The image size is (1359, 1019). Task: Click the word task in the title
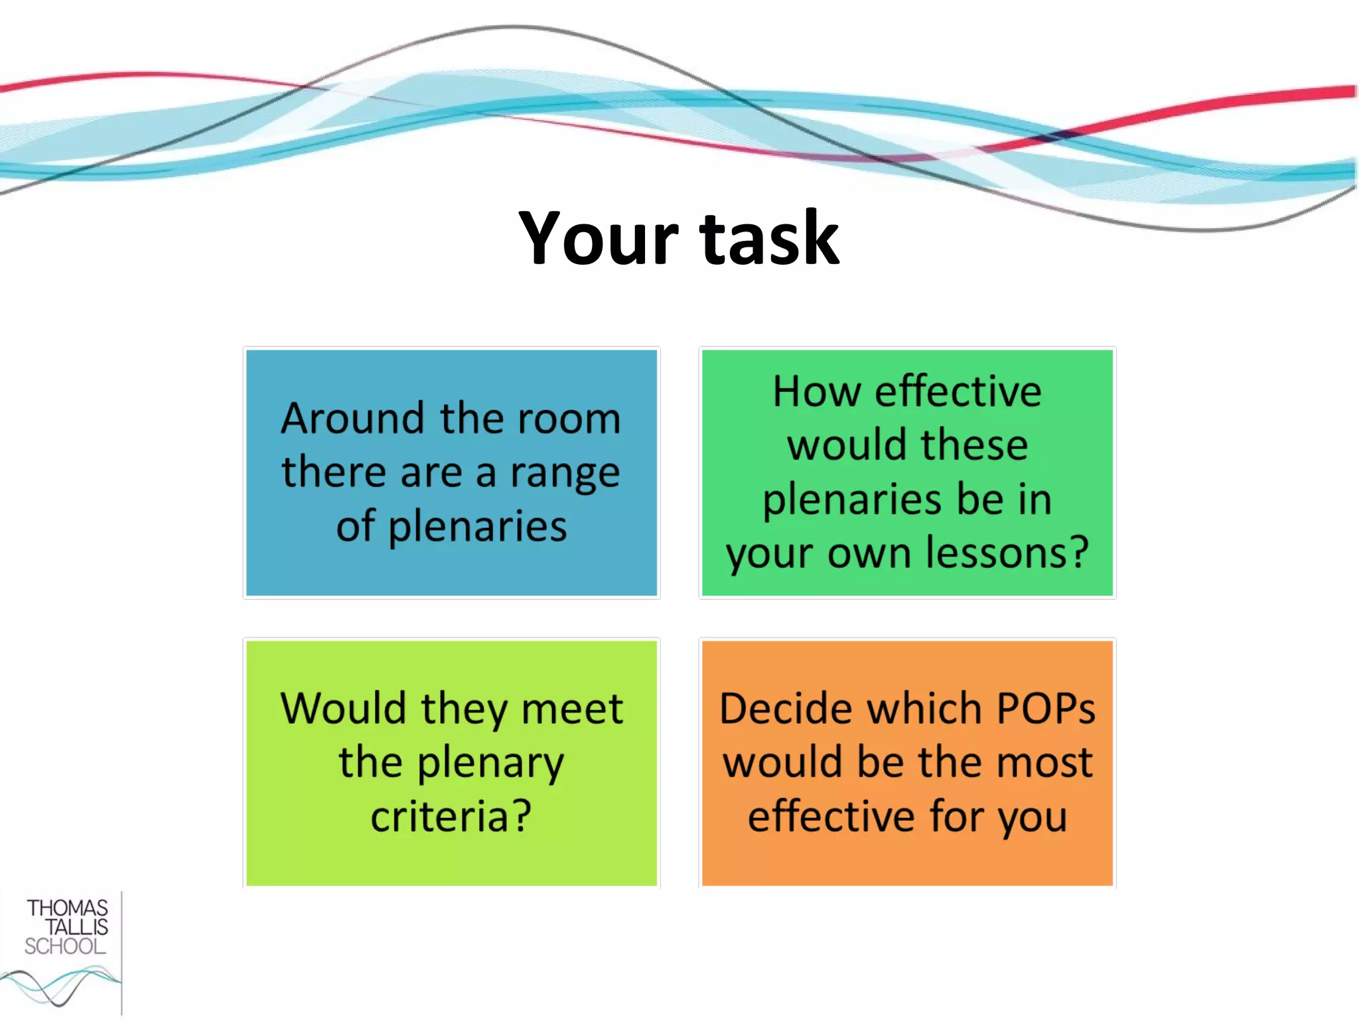click(769, 238)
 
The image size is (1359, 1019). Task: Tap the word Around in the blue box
click(352, 419)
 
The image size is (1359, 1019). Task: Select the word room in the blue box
click(569, 419)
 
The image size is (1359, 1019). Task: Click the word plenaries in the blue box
click(477, 527)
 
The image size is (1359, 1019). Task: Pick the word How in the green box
click(817, 391)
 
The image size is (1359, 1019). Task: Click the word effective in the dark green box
click(958, 391)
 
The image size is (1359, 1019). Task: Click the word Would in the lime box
click(343, 709)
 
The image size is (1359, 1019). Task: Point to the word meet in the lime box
click(572, 709)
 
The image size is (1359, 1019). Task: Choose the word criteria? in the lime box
click(451, 816)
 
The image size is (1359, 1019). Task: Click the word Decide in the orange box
click(786, 709)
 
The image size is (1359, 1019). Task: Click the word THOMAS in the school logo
click(67, 908)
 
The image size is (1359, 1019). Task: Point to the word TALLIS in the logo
click(76, 927)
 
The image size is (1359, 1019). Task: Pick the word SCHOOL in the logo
click(65, 946)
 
